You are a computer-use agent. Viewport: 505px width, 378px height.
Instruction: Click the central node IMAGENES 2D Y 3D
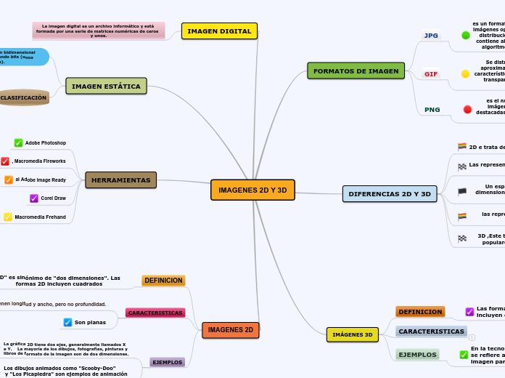click(252, 190)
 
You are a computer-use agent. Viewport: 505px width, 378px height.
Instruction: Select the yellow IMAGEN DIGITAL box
click(219, 31)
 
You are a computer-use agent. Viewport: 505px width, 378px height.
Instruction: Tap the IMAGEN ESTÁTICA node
click(106, 87)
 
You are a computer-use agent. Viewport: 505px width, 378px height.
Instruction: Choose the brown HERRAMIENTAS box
click(120, 180)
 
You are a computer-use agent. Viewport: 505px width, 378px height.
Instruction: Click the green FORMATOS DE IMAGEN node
click(356, 71)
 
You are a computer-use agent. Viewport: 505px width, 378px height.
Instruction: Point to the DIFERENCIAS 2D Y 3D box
click(390, 194)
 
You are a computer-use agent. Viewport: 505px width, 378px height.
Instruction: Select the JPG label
click(432, 36)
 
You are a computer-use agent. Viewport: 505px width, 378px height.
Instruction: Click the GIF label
click(431, 74)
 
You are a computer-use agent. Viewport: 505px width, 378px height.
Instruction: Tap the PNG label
click(432, 110)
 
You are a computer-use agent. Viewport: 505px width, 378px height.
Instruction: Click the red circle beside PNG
click(467, 110)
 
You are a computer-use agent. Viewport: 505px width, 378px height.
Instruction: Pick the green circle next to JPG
click(466, 35)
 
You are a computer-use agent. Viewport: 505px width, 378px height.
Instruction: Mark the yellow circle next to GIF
click(466, 74)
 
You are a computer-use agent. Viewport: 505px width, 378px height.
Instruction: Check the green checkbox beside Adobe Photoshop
click(19, 143)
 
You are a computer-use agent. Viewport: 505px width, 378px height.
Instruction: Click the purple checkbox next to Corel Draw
click(34, 198)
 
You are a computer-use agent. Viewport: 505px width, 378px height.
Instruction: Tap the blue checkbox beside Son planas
click(68, 322)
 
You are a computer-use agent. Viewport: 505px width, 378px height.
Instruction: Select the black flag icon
click(462, 192)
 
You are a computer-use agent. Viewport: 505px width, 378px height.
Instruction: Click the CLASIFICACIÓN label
click(23, 97)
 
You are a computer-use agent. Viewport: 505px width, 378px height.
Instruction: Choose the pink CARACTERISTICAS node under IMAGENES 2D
click(155, 313)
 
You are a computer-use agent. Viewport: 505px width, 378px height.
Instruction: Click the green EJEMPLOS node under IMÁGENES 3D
click(417, 355)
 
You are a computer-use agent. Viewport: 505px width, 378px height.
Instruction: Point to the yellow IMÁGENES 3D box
click(352, 334)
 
